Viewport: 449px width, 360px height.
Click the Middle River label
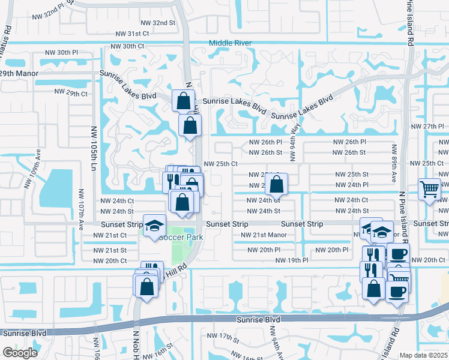[x=230, y=43]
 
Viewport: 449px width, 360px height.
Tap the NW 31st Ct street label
[x=132, y=34]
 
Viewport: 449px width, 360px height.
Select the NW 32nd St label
[x=155, y=22]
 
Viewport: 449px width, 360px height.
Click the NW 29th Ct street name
[x=71, y=93]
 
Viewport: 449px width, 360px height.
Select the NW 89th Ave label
[x=394, y=163]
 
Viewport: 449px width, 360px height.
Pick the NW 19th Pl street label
[x=292, y=260]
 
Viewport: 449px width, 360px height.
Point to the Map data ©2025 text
[x=424, y=355]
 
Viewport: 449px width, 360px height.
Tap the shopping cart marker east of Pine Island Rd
[x=430, y=190]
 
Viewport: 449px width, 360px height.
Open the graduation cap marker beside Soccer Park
[x=155, y=226]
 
